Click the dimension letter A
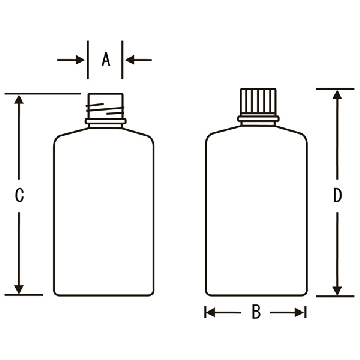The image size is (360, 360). (106, 60)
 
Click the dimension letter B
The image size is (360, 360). (256, 313)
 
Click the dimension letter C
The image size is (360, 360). (19, 195)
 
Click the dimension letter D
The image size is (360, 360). (338, 195)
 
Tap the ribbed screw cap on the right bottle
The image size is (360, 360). (258, 102)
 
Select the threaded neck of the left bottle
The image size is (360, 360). (106, 106)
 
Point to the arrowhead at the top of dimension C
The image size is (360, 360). (19, 100)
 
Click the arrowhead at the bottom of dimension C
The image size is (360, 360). (19, 289)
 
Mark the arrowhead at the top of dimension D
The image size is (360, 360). (338, 95)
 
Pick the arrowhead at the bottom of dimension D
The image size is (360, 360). (338, 290)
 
